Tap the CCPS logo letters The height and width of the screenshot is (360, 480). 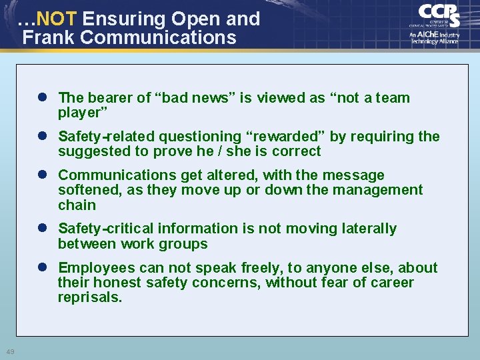pyautogui.click(x=439, y=15)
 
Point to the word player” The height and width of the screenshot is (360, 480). pyautogui.click(x=83, y=113)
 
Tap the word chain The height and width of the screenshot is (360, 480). pyautogui.click(x=77, y=205)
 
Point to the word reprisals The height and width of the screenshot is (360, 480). pyautogui.click(x=90, y=298)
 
